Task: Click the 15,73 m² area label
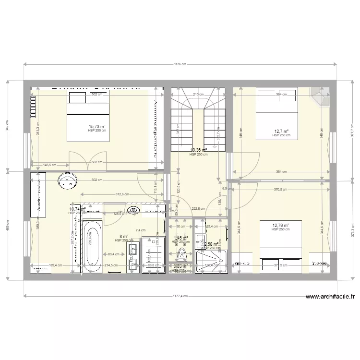coord(97,126)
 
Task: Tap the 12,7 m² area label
coord(281,131)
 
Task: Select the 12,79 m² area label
coord(281,226)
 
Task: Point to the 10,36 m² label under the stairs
coord(198,150)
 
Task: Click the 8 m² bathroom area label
coord(124,236)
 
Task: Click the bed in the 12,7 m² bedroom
coord(277,113)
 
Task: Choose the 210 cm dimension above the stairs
coord(195,95)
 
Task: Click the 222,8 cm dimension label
coord(198,208)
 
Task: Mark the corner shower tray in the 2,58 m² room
coord(210,261)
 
